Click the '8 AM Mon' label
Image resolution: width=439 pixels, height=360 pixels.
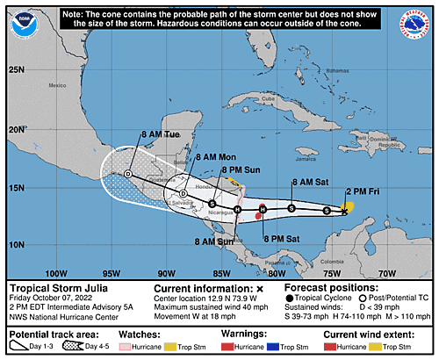coord(214,156)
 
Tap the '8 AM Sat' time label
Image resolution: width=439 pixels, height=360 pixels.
coord(308,181)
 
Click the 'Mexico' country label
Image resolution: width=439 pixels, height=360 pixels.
coord(58,86)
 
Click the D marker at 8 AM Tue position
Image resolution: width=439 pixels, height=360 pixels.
coord(128,175)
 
